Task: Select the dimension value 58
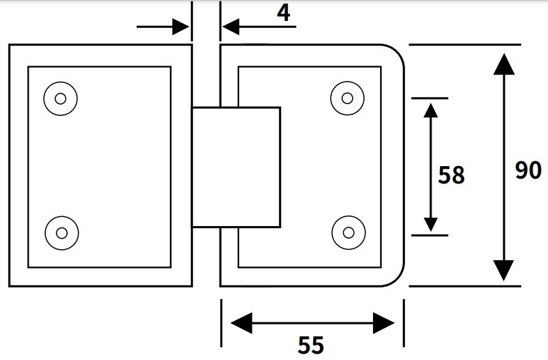coord(451,175)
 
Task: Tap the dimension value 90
coord(528,170)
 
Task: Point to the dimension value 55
coord(311,345)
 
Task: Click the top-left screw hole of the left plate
coord(60,98)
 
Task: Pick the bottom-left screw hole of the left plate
coord(60,230)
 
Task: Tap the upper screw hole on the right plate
coord(347,98)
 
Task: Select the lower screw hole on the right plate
coord(347,230)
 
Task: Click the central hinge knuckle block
coord(236,167)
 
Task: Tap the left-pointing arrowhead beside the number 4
coord(231,27)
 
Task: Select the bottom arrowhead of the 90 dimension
coord(503,270)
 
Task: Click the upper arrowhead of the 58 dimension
coord(430,110)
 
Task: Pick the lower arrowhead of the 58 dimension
coord(430,223)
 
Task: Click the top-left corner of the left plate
coord(10,46)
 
